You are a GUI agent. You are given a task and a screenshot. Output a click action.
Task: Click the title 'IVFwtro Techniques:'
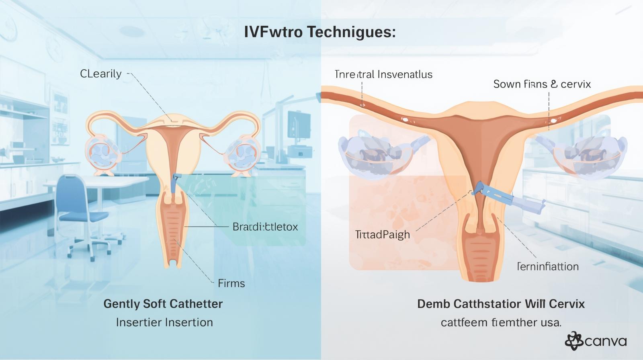320,32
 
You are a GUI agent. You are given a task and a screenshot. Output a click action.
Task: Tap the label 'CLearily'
100,74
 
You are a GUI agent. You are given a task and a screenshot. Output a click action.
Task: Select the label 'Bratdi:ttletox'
265,227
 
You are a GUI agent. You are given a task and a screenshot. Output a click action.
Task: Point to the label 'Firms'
231,283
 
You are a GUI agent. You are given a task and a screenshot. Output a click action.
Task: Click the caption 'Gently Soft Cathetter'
163,304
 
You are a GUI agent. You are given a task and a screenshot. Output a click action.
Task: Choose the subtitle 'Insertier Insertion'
164,322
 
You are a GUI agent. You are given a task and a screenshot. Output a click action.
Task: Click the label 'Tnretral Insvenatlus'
383,74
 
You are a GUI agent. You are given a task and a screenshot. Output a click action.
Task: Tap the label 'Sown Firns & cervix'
542,84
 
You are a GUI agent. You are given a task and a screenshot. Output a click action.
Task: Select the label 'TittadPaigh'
383,235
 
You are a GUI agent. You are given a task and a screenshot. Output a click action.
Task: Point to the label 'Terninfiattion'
547,266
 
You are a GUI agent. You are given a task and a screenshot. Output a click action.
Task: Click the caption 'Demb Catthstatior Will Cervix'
501,304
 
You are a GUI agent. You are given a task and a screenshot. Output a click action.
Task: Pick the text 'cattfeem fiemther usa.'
501,322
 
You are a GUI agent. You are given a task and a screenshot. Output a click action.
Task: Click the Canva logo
596,342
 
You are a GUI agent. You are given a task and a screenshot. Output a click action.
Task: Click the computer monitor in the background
299,125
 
